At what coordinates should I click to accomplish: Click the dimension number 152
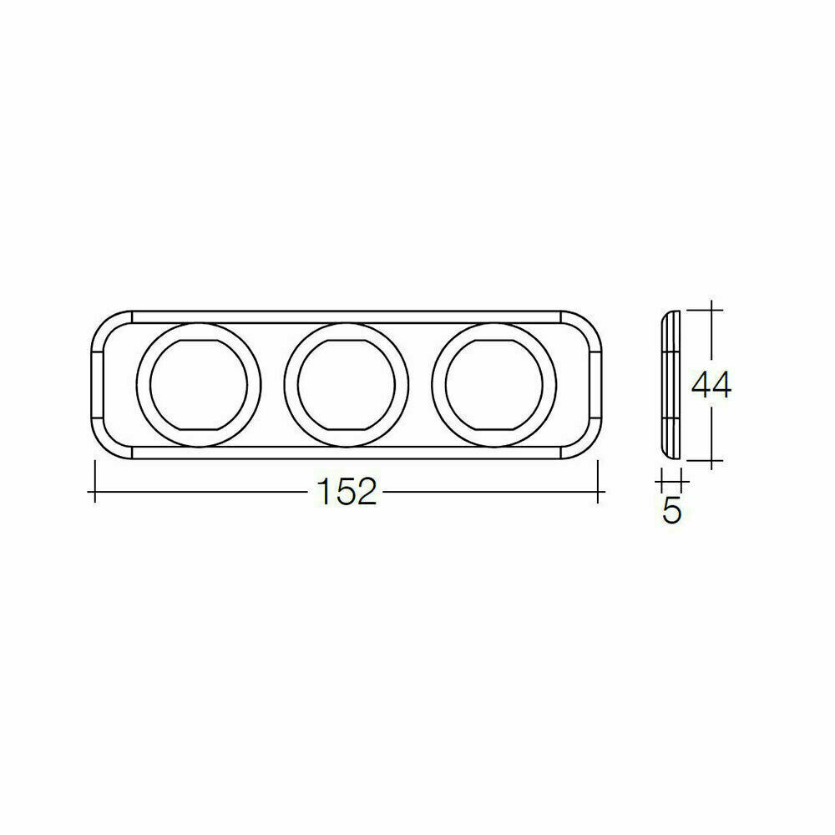pyautogui.click(x=346, y=493)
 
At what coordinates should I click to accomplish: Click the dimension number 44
pyautogui.click(x=711, y=385)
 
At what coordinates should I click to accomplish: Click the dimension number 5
pyautogui.click(x=671, y=511)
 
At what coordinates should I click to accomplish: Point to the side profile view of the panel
pyautogui.click(x=671, y=385)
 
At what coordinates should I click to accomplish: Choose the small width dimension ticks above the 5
pyautogui.click(x=671, y=483)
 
